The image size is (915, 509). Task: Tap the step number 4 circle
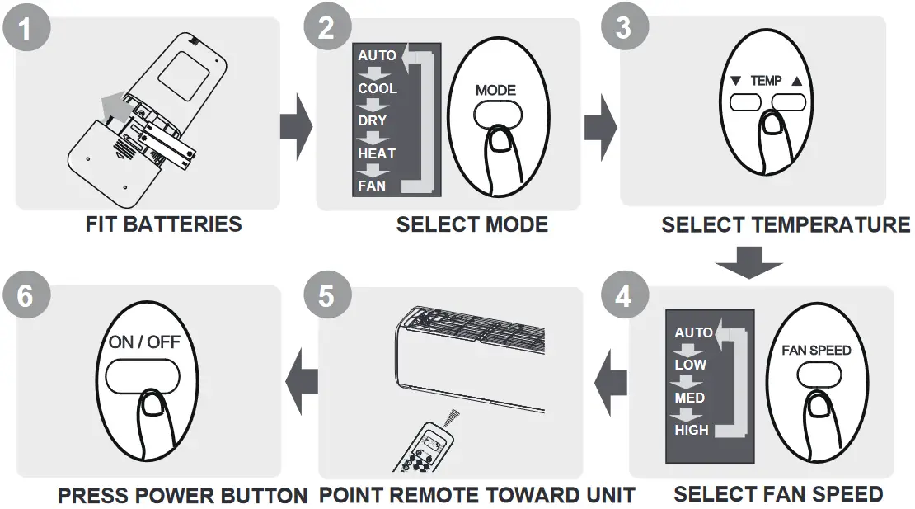pos(623,295)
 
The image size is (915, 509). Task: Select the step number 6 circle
pos(26,295)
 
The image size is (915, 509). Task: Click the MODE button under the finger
pos(495,114)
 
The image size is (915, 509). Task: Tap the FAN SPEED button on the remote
pos(816,374)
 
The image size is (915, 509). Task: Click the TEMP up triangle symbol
pos(795,82)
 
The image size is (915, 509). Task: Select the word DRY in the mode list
pos(372,120)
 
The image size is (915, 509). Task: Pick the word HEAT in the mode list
pos(376,153)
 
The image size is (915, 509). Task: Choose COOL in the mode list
pos(377,88)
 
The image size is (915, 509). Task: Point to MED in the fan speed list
pos(689,398)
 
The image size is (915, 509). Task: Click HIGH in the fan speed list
pos(691,430)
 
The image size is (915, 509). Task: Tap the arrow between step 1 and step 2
pos(296,128)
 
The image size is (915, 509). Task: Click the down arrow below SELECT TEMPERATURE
pos(748,260)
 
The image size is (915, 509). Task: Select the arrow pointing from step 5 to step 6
pos(302,381)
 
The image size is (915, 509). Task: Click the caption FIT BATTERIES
pos(163,224)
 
